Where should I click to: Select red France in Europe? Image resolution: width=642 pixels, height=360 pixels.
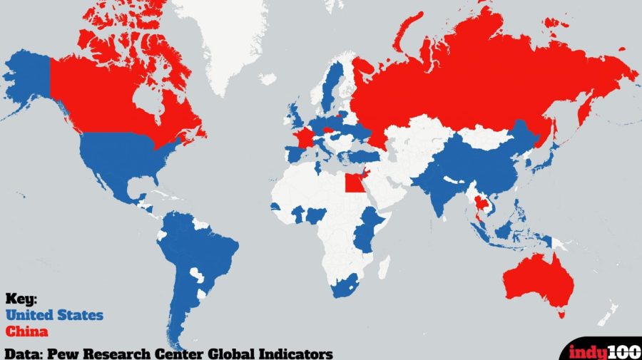[304, 137]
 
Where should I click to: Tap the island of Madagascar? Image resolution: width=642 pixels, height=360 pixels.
[386, 267]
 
